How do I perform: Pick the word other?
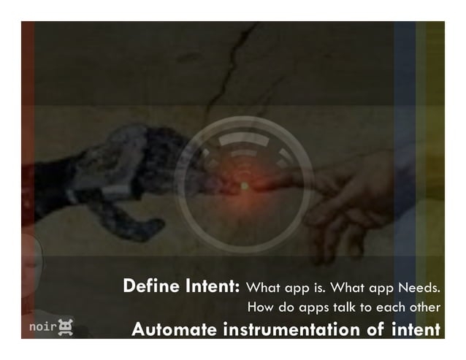pos(423,307)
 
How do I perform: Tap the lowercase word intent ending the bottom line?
pos(416,329)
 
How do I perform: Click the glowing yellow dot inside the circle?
pos(244,186)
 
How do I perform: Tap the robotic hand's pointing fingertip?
pos(229,187)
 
